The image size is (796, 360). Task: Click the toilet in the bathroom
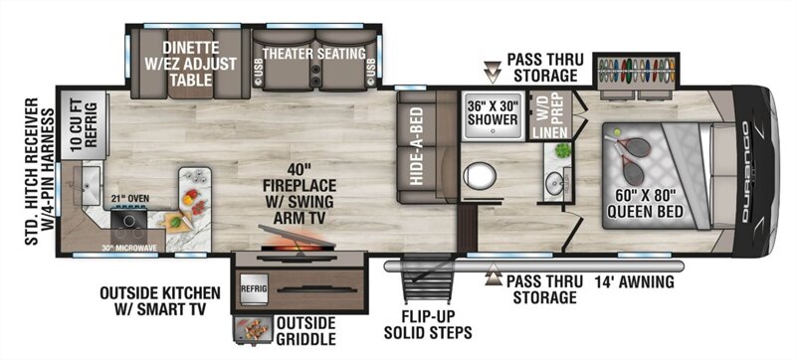pos(479,176)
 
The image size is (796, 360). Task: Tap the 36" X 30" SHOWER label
pos(493,112)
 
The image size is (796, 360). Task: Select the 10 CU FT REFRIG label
pos(85,124)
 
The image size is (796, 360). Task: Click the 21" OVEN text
pos(130,199)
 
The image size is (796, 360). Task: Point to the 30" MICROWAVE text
pos(129,248)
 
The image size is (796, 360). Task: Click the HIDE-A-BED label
pos(416,145)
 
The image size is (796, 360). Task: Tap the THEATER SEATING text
pos(314,54)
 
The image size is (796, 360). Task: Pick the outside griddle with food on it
pos(254,329)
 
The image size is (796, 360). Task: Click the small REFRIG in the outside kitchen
pos(254,289)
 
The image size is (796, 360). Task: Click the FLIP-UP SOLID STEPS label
pos(428,325)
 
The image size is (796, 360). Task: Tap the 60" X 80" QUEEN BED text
pos(645,202)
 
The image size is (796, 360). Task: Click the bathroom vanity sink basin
pos(553,179)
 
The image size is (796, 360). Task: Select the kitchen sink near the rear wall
pos(86,184)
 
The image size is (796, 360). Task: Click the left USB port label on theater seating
pos(259,74)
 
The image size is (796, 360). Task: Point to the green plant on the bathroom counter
pos(562,150)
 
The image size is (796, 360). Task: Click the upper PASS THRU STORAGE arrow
pos(492,72)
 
